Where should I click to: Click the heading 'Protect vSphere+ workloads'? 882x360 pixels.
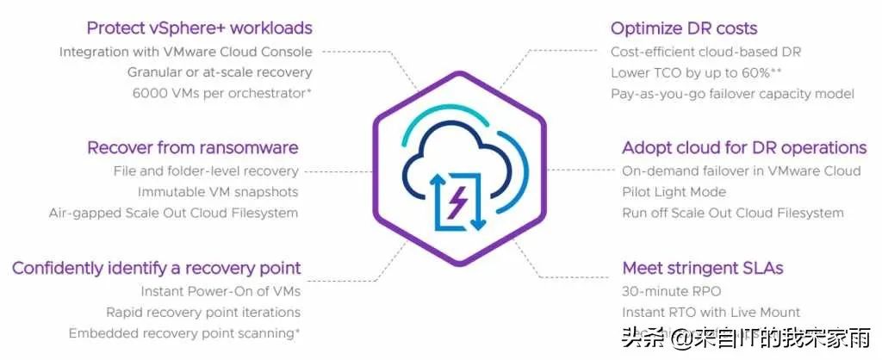point(199,28)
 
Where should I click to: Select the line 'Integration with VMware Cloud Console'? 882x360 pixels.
point(185,53)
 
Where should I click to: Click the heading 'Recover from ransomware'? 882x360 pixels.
point(193,147)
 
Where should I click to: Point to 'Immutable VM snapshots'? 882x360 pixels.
point(218,192)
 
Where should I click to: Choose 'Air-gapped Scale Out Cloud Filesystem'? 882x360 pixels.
point(174,213)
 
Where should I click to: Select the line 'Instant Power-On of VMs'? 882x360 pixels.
point(220,292)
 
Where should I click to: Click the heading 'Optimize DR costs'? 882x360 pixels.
point(685,28)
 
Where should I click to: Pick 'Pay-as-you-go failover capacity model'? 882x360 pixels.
point(732,94)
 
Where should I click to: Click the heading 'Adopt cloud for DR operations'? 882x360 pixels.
point(744,147)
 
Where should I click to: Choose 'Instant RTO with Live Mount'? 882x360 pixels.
point(711,313)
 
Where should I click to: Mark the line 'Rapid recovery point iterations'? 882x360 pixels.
point(203,313)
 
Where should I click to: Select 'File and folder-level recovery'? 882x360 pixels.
point(206,171)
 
